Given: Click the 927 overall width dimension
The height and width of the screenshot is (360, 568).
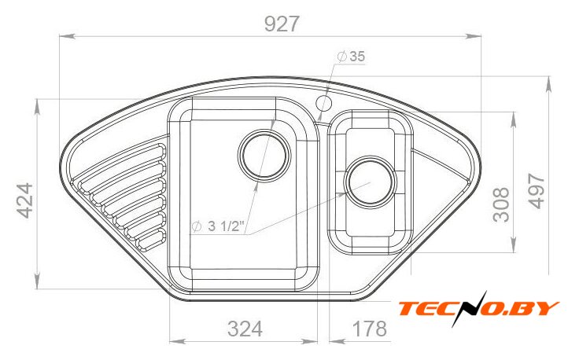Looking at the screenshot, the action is click(x=282, y=24).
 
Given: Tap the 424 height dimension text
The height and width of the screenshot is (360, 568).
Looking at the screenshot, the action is click(x=26, y=200).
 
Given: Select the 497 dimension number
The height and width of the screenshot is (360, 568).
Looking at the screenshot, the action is click(x=536, y=191).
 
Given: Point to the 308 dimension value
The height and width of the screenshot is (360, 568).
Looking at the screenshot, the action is click(x=501, y=204).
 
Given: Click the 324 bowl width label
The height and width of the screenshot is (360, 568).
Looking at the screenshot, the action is click(x=245, y=329).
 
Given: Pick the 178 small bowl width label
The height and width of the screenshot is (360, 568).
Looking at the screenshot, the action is click(x=370, y=329).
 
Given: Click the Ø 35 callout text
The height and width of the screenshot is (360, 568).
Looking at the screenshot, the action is click(x=351, y=57).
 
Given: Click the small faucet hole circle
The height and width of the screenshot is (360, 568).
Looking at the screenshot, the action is click(x=324, y=103).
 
